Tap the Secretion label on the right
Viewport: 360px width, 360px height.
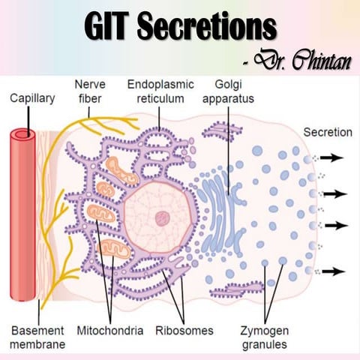tap(327, 133)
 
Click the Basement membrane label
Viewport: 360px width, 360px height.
tap(37, 337)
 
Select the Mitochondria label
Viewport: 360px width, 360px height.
tap(109, 330)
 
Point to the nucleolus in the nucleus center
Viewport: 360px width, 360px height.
tap(161, 219)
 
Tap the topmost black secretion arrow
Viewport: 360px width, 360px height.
tap(334, 158)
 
